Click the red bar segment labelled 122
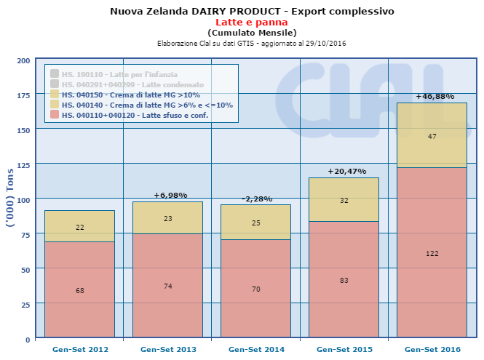[432, 252]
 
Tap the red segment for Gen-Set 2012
[80, 289]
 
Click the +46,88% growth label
[435, 96]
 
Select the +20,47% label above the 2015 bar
[344, 172]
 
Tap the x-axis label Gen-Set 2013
[168, 350]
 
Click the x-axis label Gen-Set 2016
[432, 350]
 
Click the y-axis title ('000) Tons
[9, 199]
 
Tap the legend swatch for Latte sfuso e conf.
[55, 115]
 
